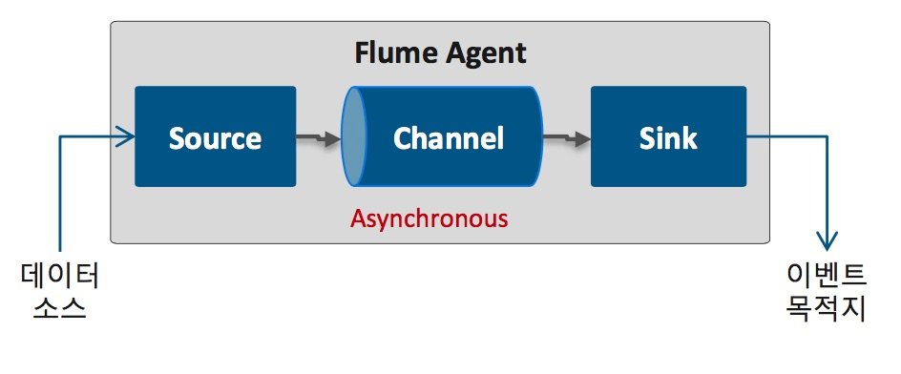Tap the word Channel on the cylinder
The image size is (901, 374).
448,138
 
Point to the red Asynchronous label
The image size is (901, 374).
429,218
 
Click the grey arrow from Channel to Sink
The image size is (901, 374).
567,139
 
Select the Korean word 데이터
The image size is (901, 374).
60,277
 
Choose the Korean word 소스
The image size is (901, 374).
60,310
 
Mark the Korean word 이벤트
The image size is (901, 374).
825,277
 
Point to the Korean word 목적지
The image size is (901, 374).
825,310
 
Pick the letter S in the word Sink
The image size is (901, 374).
647,139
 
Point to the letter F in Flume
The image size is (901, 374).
362,52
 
